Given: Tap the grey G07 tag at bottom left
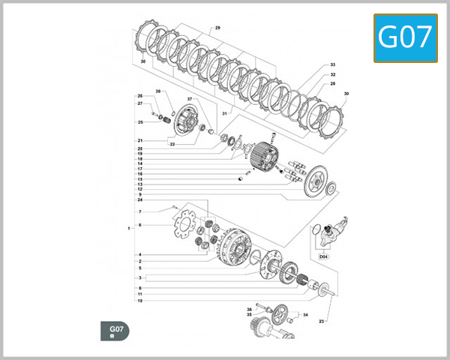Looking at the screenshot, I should (x=116, y=331).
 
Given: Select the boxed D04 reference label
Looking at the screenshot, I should (x=324, y=256).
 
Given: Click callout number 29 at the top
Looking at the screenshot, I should (x=217, y=28).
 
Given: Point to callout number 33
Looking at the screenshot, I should (x=332, y=65).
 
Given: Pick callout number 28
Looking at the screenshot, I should (x=332, y=84).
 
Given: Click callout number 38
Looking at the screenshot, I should (x=158, y=91).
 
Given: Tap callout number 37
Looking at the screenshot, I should (x=190, y=99).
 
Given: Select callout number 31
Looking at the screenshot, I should (x=224, y=113).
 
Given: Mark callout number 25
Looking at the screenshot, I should (x=139, y=122).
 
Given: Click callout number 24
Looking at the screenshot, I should (x=139, y=200).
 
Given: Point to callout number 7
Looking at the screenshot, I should (x=139, y=212).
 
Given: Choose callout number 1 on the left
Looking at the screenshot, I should (x=129, y=226).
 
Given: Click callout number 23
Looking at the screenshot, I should (x=321, y=321).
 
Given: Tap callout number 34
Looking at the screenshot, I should (x=306, y=315).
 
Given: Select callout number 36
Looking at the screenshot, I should (x=250, y=309).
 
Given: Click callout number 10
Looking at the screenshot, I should (x=139, y=301).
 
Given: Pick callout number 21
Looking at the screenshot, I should (x=139, y=141).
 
